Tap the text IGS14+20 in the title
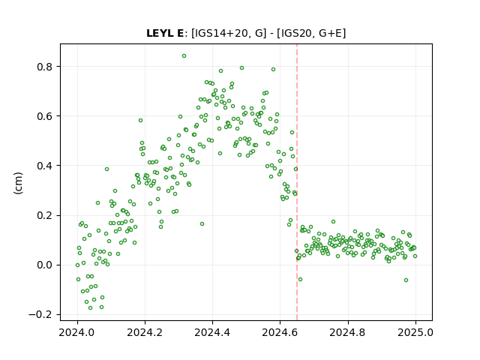[220, 33]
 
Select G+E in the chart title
[331, 33]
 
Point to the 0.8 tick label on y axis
[45, 67]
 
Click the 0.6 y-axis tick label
[45, 116]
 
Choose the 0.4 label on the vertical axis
[45, 166]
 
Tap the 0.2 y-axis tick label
[45, 215]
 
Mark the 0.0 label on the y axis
[45, 265]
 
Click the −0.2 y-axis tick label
[41, 315]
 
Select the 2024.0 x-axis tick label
[77, 332]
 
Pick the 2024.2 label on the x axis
[145, 332]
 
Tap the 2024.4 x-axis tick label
[212, 332]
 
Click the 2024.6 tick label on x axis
[280, 332]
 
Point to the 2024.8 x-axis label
[347, 332]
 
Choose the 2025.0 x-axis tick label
[415, 332]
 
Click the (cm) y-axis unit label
[18, 183]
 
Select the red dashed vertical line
[297, 182]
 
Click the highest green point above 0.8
[184, 55]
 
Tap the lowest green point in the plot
[90, 307]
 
